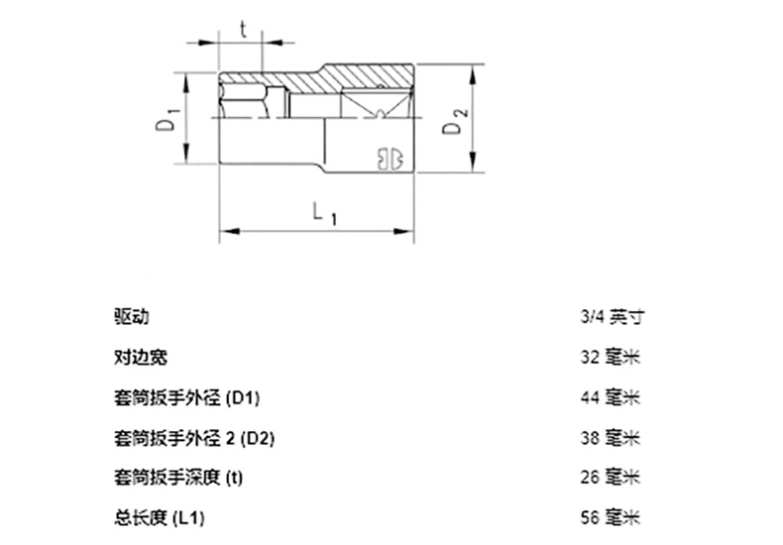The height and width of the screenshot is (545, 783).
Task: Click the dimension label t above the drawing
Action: pyautogui.click(x=243, y=28)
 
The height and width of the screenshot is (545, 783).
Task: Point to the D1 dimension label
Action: pyautogui.click(x=168, y=120)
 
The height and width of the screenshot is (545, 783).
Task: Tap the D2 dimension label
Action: pyautogui.click(x=454, y=127)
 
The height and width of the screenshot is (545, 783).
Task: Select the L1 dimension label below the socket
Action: pyautogui.click(x=322, y=213)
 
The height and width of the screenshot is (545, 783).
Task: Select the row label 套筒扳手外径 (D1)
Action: pyautogui.click(x=187, y=397)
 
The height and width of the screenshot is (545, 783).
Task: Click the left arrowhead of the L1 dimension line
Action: pyautogui.click(x=224, y=232)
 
